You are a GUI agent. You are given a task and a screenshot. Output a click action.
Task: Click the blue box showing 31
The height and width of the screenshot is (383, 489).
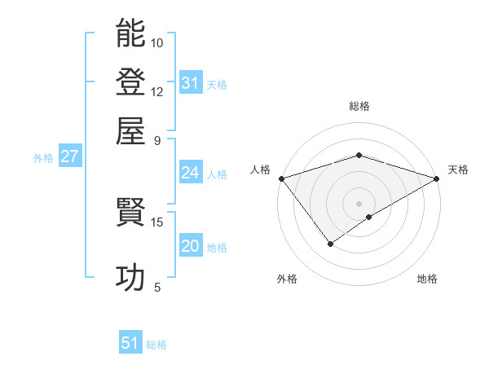pyautogui.click(x=191, y=83)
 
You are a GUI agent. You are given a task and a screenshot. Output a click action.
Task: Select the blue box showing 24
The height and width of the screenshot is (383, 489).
pyautogui.click(x=191, y=173)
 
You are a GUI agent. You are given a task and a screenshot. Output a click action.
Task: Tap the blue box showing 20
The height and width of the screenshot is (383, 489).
pyautogui.click(x=191, y=246)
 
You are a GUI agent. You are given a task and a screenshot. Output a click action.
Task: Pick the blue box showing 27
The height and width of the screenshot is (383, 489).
pyautogui.click(x=69, y=157)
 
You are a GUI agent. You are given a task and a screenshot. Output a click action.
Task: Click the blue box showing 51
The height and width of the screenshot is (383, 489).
pyautogui.click(x=130, y=343)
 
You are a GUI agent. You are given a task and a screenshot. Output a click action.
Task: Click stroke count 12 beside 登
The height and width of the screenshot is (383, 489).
pyautogui.click(x=157, y=91)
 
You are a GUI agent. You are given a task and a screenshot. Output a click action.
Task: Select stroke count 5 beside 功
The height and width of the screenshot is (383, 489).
pyautogui.click(x=157, y=287)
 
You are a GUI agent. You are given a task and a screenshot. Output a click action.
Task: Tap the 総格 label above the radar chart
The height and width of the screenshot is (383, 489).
pyautogui.click(x=359, y=106)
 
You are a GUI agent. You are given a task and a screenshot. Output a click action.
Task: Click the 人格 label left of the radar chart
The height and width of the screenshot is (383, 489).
pyautogui.click(x=261, y=169)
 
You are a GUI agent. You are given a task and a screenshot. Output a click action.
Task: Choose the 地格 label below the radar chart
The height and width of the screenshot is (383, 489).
pyautogui.click(x=427, y=280)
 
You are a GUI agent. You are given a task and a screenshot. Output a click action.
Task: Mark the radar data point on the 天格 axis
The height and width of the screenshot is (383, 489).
pyautogui.click(x=438, y=178)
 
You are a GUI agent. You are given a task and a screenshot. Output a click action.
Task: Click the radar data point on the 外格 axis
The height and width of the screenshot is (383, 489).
pyautogui.click(x=330, y=243)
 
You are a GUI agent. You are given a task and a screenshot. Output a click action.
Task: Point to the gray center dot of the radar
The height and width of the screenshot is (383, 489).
pyautogui.click(x=359, y=203)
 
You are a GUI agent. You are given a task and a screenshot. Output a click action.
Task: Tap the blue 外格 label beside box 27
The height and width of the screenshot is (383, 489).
pyautogui.click(x=43, y=158)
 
